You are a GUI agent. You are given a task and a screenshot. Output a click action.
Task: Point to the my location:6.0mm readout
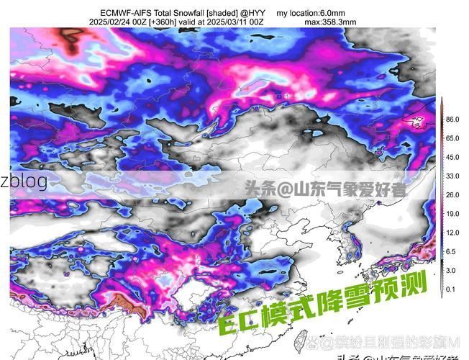[311, 12]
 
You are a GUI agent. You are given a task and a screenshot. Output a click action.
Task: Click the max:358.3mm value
[330, 22]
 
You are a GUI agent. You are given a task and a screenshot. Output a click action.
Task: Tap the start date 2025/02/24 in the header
[114, 22]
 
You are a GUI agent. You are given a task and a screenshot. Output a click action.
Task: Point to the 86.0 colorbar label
[452, 119]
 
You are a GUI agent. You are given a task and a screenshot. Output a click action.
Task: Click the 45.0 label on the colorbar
[452, 157]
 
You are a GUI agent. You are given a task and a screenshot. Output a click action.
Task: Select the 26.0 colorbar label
[452, 195]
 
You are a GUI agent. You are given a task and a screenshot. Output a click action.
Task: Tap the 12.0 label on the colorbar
[452, 233]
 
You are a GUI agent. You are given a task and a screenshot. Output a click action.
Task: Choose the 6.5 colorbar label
[451, 251]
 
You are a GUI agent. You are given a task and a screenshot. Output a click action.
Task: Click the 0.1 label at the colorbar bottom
[451, 289]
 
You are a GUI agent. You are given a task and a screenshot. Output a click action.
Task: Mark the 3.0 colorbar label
[451, 270]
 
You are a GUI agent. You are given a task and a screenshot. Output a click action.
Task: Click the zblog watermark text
[24, 181]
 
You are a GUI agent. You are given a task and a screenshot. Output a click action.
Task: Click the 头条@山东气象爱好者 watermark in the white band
[324, 190]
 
